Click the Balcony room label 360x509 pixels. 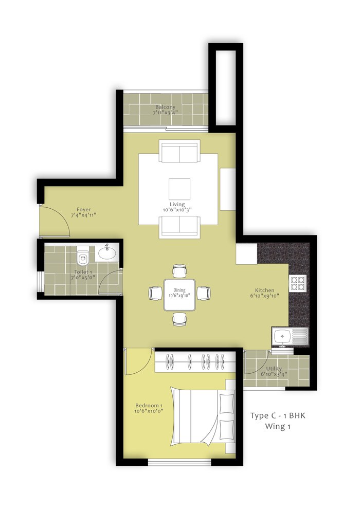coord(165,107)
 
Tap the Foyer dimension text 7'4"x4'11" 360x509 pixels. coord(83,215)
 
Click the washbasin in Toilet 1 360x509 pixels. coord(107,253)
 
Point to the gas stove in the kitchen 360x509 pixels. coord(298,283)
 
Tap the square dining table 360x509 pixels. coord(179,295)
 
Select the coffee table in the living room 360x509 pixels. coord(179,189)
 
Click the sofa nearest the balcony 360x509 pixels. coord(179,151)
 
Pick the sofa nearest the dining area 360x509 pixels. coord(179,227)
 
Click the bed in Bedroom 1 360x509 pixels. coord(203,416)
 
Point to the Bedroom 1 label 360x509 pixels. coord(149,406)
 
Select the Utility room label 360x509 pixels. coord(274,369)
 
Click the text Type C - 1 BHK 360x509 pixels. coord(278,415)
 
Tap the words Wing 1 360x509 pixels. coord(278,426)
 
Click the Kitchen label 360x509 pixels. coord(264,290)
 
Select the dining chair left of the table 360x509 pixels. coord(156,294)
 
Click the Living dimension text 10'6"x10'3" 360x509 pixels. coord(177,210)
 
